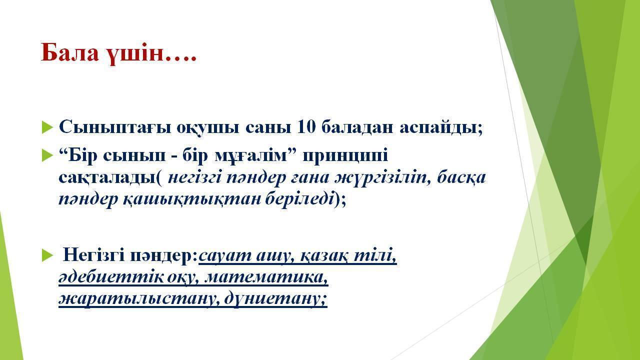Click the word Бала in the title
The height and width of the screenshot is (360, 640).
[69, 52]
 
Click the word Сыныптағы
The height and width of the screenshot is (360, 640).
[115, 127]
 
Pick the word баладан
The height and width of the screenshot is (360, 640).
[357, 127]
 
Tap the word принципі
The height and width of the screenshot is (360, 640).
[345, 156]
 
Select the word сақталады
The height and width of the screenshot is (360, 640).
[107, 177]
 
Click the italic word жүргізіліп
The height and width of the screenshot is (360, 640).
[382, 177]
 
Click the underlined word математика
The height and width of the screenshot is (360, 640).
[265, 277]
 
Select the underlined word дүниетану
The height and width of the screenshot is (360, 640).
[275, 299]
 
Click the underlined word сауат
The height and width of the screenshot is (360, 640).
[225, 255]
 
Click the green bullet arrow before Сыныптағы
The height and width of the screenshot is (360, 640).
[47, 127]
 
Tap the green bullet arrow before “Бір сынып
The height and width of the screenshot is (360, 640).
[47, 155]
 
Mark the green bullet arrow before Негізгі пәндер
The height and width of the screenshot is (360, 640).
[47, 255]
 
